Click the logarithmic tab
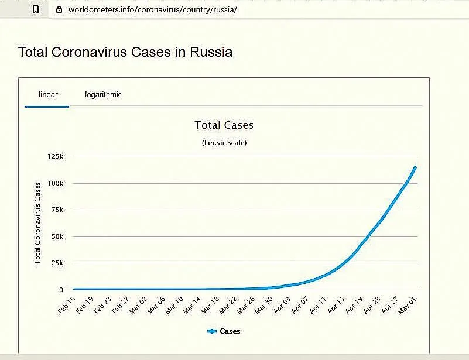(x=103, y=94)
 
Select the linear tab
(x=48, y=94)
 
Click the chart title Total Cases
(x=224, y=125)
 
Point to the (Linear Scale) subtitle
(x=224, y=143)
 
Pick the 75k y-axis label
(x=57, y=210)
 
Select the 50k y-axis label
(x=57, y=236)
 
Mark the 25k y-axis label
(x=57, y=263)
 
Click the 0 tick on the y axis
(x=61, y=290)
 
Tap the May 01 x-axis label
(x=408, y=306)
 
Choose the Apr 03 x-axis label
(x=282, y=306)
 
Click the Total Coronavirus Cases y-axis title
(x=37, y=223)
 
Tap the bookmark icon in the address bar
(x=36, y=10)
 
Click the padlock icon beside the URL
(x=58, y=10)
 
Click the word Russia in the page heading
(x=211, y=52)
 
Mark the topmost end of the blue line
(x=415, y=167)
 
